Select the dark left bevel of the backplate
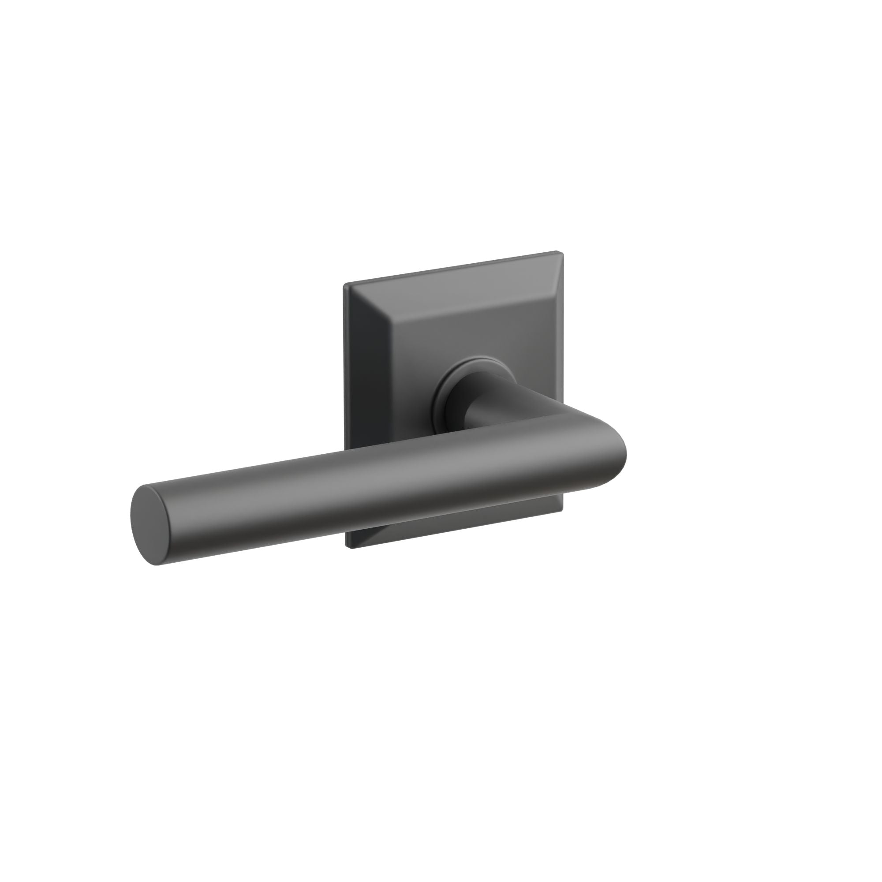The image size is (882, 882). [361, 388]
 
